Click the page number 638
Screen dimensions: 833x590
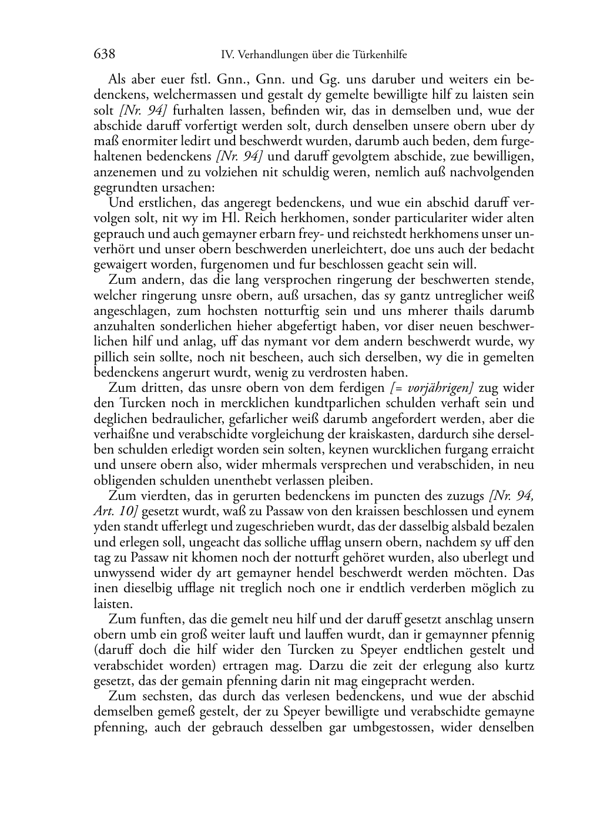[x=104, y=55]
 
